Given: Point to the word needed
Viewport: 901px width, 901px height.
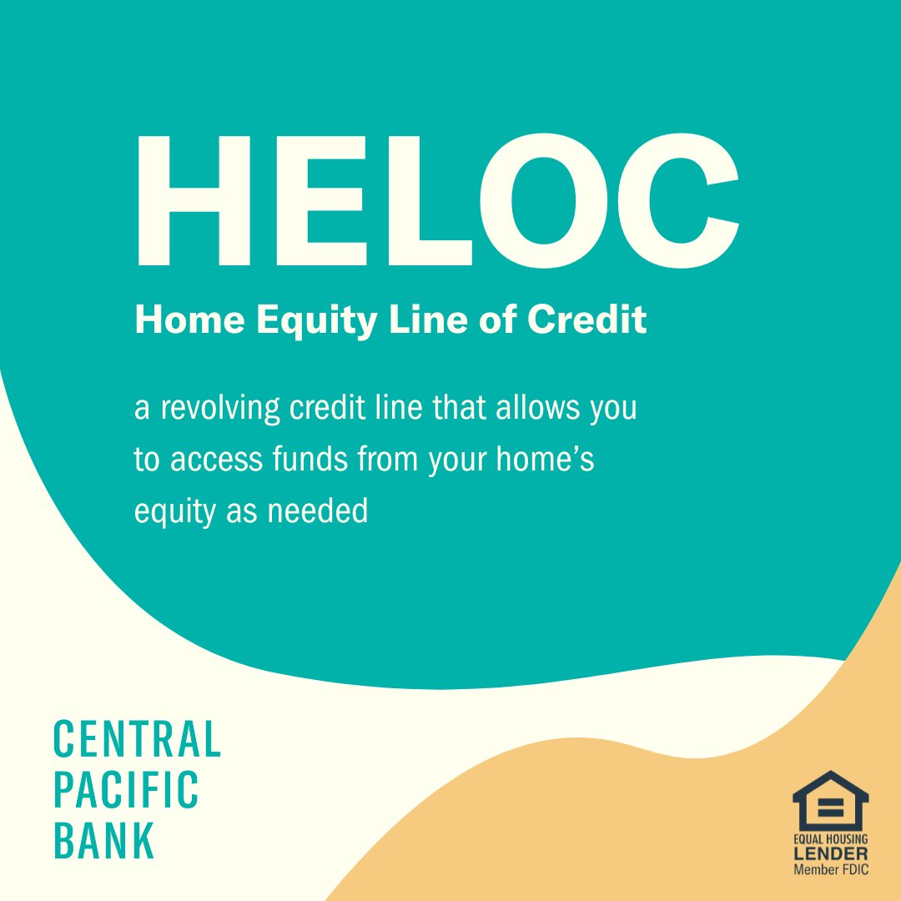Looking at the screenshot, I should [318, 511].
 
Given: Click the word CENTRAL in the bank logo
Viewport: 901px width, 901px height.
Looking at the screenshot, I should [138, 740].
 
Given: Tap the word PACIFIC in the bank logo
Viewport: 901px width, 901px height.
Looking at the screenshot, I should [127, 790].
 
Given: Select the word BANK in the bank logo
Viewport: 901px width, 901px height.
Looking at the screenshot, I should [105, 840].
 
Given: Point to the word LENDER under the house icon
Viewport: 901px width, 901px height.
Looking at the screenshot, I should [830, 854].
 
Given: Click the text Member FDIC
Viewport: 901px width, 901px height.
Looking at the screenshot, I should [830, 870].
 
